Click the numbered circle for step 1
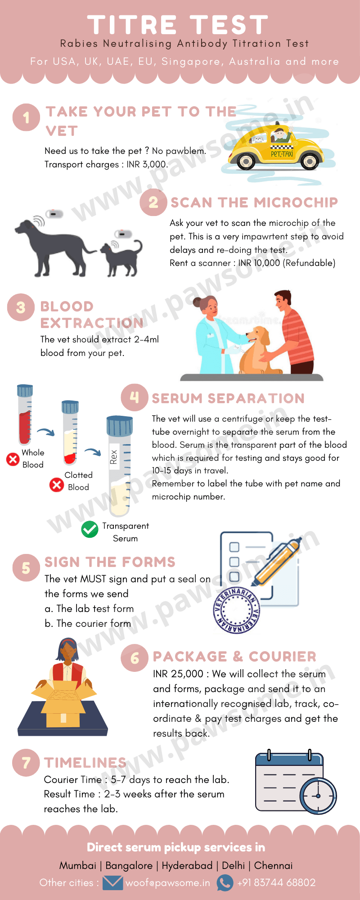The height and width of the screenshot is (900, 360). [x=26, y=117]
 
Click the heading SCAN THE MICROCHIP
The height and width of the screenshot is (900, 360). [x=254, y=202]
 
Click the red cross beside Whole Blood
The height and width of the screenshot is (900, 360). [x=13, y=459]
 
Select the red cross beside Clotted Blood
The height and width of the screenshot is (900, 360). [x=56, y=485]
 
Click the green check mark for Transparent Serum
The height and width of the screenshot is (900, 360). [x=90, y=529]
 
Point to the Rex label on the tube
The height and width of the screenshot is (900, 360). [x=114, y=457]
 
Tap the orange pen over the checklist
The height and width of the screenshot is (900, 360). [x=277, y=561]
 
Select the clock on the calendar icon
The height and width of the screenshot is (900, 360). [x=318, y=796]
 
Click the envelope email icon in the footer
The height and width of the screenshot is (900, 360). [x=112, y=882]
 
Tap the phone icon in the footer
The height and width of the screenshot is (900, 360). [x=225, y=882]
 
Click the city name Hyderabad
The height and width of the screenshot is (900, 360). [x=187, y=865]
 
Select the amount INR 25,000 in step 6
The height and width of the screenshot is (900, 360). [x=178, y=674]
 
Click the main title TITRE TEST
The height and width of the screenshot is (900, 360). [x=178, y=25]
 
